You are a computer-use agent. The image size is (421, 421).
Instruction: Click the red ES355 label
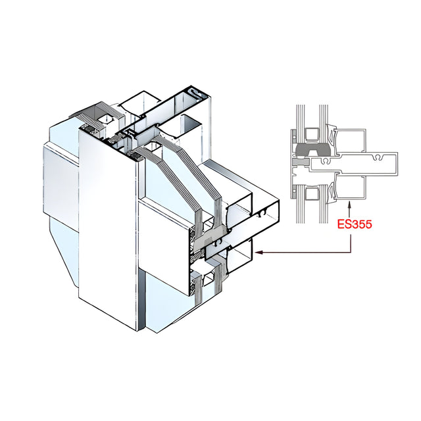point(355,224)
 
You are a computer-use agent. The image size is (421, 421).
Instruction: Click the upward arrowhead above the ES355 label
point(349,205)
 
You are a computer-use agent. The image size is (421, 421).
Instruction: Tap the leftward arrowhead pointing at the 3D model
point(259,253)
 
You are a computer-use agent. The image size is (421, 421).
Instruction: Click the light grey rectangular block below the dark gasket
point(301,162)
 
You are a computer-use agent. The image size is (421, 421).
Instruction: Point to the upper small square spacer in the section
point(312,134)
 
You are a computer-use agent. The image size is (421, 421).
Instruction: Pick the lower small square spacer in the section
point(312,193)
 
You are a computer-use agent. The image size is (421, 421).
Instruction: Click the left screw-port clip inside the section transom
point(326,161)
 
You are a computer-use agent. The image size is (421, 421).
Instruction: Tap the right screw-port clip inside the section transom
point(378,157)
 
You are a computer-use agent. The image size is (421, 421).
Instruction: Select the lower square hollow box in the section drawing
point(350,187)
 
